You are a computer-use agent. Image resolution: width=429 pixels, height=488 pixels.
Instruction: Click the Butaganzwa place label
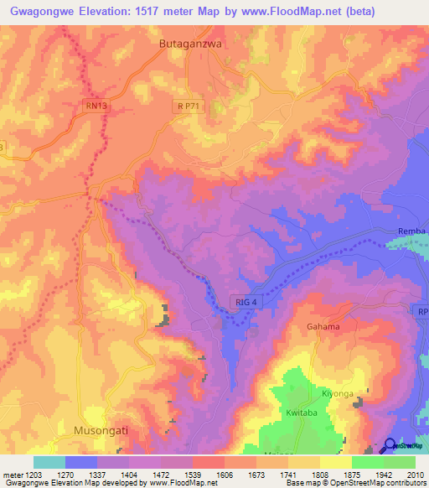pos(189,43)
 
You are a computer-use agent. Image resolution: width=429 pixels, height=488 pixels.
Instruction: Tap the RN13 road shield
pos(96,106)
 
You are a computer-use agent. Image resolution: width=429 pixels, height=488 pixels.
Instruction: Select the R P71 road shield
pos(189,106)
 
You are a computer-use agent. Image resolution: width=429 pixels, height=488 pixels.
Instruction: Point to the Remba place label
pos(412,231)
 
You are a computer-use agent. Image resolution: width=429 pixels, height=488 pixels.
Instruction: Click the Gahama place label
pos(323,327)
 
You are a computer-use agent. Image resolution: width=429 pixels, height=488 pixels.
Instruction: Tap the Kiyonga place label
pos(339,393)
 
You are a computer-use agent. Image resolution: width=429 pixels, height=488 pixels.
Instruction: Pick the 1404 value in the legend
pos(130,475)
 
